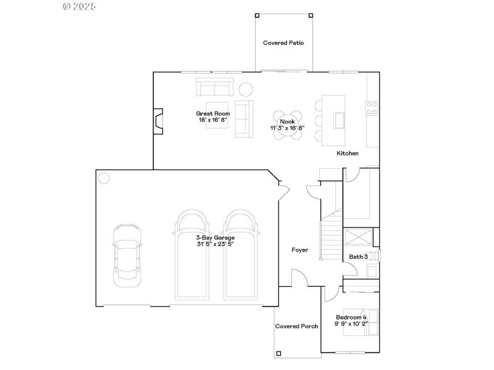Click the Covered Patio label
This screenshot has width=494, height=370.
click(x=283, y=43)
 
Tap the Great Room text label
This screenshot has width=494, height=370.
click(x=213, y=113)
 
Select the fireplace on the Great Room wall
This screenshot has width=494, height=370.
click(x=159, y=121)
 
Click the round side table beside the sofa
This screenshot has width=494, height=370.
click(x=246, y=89)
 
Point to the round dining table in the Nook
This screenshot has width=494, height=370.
click(x=288, y=125)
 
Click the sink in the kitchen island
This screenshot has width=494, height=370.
click(x=340, y=119)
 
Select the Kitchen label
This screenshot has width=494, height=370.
click(x=347, y=153)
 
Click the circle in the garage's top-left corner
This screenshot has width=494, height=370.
click(x=104, y=178)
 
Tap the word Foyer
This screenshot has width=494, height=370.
click(x=300, y=250)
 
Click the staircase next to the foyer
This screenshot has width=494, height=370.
click(x=332, y=237)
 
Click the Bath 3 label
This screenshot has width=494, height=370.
click(x=359, y=257)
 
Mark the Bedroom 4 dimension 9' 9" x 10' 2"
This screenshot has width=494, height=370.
click(x=351, y=323)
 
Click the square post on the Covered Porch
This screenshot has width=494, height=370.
click(x=278, y=353)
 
